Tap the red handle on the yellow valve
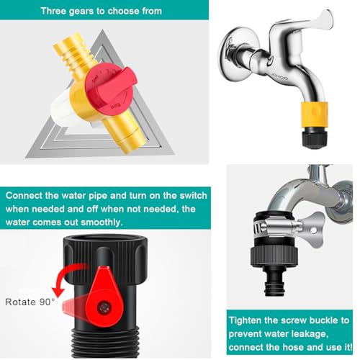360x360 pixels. pyautogui.click(x=111, y=87)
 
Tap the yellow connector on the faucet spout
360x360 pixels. pyautogui.click(x=314, y=112)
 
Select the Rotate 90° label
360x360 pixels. pyautogui.click(x=30, y=302)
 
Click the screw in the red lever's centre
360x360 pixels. pyautogui.click(x=104, y=307)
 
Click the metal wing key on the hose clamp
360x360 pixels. pyautogui.click(x=312, y=231)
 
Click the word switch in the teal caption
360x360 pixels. pyautogui.click(x=193, y=196)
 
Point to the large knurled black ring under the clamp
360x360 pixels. pyautogui.click(x=274, y=256)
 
